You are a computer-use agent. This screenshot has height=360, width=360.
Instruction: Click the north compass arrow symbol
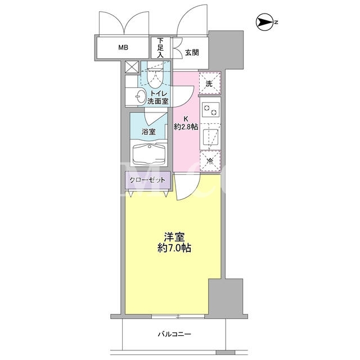click(265, 22)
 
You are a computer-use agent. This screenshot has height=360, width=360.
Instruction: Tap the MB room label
click(123, 47)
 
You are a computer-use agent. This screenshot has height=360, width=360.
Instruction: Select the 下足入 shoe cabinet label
click(160, 47)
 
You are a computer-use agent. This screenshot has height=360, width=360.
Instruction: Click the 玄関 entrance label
click(192, 52)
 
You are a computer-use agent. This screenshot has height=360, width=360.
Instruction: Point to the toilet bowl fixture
click(156, 77)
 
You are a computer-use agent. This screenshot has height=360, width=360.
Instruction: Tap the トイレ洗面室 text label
click(158, 97)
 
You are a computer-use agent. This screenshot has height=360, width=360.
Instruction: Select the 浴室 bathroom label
click(148, 132)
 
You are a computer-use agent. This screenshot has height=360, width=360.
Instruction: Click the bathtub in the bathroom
click(149, 153)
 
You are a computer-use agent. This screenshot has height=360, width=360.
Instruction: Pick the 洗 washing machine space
click(210, 84)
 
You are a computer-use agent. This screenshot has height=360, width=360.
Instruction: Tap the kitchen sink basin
click(210, 136)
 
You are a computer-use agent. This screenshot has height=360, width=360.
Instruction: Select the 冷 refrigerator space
click(210, 161)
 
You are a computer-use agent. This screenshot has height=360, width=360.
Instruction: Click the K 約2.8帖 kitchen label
click(186, 123)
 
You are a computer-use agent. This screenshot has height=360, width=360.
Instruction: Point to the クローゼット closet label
click(147, 180)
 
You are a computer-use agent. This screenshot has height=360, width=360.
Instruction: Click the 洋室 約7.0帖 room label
click(174, 242)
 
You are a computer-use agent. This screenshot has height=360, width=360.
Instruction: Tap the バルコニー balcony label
click(174, 334)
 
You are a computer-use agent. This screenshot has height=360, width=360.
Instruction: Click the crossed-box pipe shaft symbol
click(132, 67)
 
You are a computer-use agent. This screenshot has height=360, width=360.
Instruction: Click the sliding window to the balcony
click(178, 316)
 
